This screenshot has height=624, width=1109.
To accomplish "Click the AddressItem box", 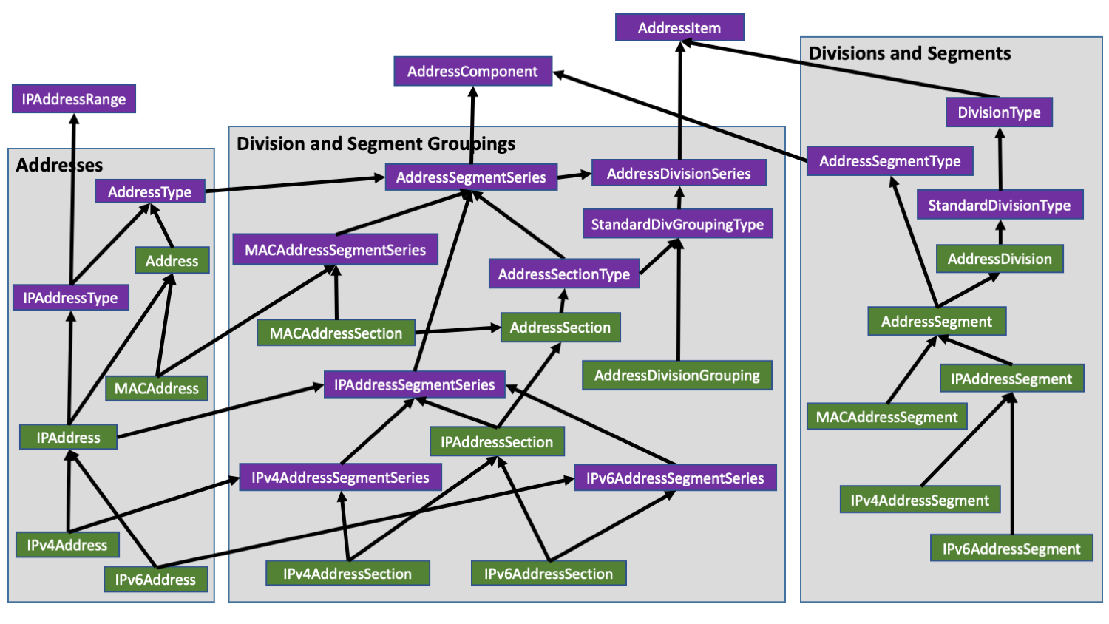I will (x=679, y=28).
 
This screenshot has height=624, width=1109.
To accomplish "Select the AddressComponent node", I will (x=472, y=71).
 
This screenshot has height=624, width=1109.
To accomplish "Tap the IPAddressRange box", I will (x=74, y=99).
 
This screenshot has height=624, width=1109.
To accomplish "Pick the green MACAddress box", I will (x=156, y=388).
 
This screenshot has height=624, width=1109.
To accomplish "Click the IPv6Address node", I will (x=155, y=580).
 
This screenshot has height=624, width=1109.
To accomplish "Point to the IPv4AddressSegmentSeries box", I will (x=340, y=478).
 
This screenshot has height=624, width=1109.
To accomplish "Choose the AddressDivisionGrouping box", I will (x=676, y=376).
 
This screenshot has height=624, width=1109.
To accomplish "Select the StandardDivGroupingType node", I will (x=677, y=224).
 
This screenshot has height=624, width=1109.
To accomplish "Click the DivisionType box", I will (x=999, y=112).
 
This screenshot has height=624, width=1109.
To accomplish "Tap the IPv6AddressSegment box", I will (x=1011, y=549).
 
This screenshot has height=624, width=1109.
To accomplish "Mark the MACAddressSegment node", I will (x=886, y=417).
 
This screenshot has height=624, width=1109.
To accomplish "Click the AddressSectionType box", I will (x=564, y=274).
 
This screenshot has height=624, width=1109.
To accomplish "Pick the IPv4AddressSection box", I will (x=347, y=574).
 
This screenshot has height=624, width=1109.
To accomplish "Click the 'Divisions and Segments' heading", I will (x=909, y=53).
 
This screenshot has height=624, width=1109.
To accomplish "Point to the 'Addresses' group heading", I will (x=59, y=165).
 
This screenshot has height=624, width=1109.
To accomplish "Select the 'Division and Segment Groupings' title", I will (x=376, y=143).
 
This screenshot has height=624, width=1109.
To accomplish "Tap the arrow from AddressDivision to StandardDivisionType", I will (x=1000, y=233).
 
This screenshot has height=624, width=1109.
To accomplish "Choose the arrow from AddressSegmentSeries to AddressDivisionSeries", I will (x=574, y=176).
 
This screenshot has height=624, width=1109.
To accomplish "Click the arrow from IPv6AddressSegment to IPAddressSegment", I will (x=1012, y=466).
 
